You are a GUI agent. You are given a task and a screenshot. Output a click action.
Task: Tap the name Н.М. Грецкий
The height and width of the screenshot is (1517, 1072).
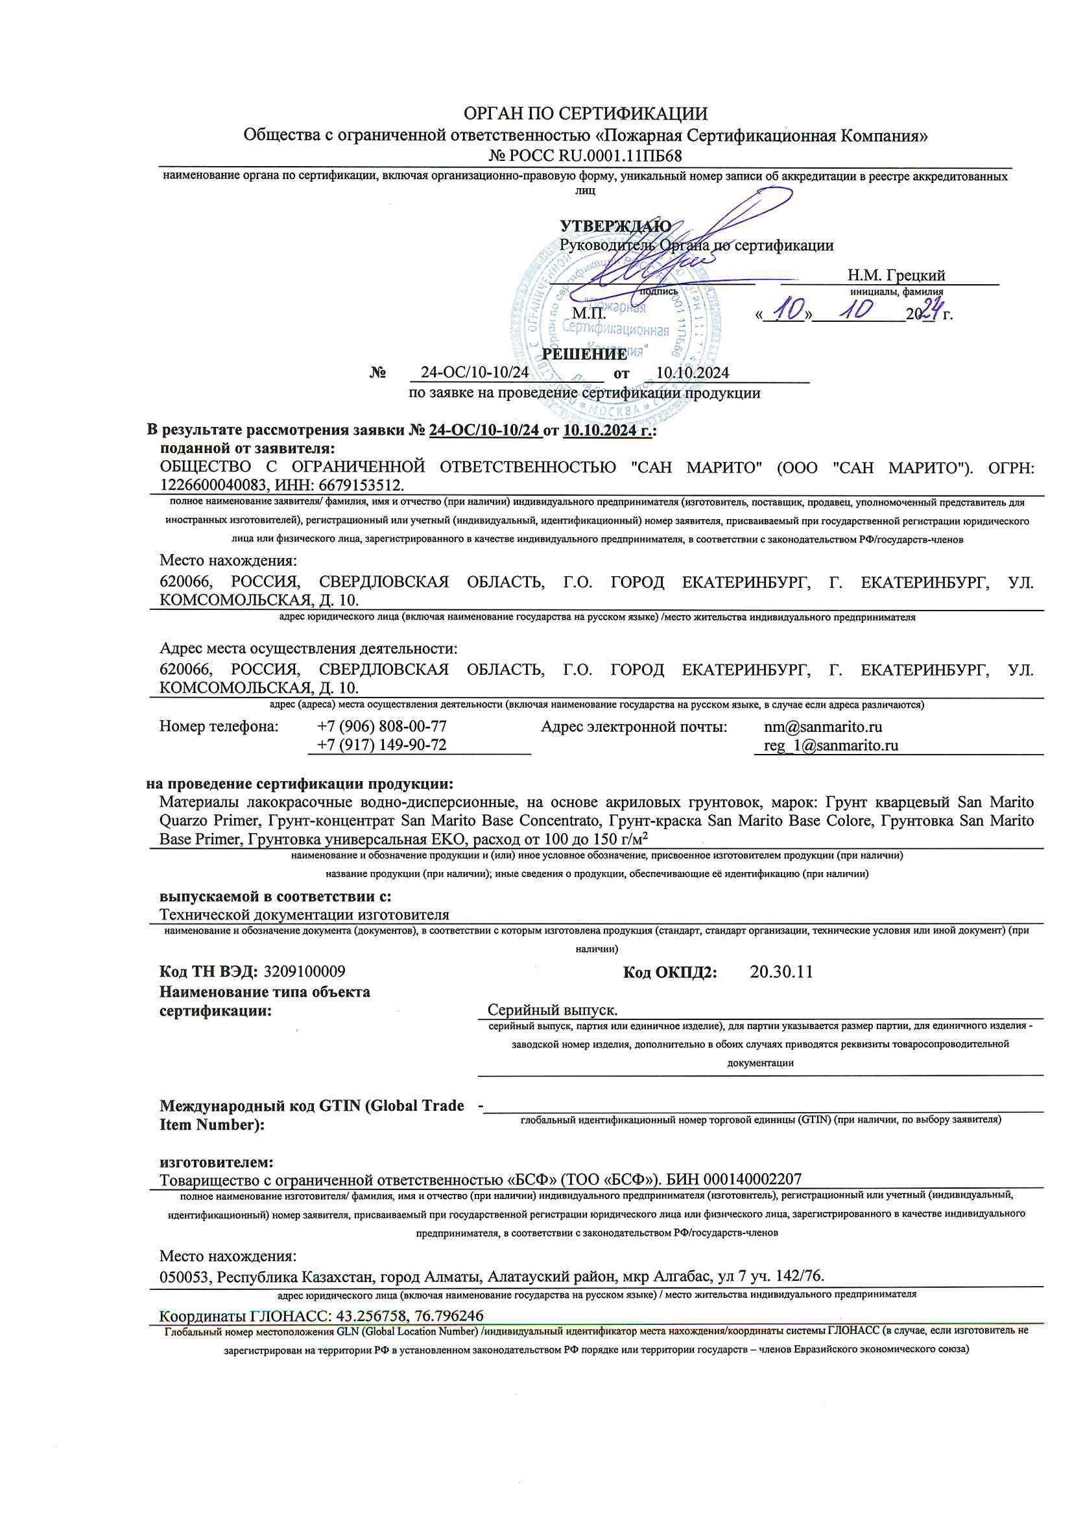896,275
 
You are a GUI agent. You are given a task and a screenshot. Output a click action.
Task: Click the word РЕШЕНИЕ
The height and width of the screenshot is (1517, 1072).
584,354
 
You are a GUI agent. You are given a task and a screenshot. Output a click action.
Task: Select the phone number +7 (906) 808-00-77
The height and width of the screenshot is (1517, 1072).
382,726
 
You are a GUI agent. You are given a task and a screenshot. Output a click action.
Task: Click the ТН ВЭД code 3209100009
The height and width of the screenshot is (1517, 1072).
305,971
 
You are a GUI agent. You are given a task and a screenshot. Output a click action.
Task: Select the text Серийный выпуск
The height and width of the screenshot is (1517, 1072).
552,1010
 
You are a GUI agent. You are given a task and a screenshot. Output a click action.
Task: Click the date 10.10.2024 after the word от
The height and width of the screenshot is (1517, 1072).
692,372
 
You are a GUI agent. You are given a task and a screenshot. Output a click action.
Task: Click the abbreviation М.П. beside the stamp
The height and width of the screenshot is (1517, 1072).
588,313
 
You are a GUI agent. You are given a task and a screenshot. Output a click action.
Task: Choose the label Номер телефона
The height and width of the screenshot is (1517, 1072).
219,726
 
